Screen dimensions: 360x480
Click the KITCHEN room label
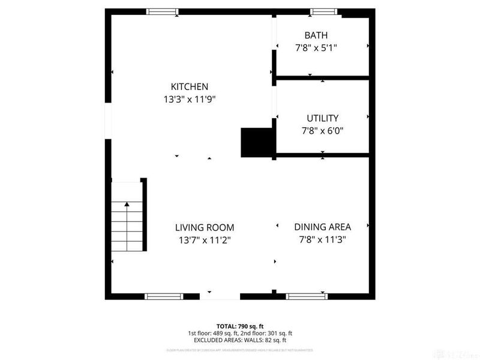(x=189, y=86)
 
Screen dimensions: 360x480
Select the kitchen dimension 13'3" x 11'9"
(x=189, y=100)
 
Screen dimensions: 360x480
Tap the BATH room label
(x=316, y=35)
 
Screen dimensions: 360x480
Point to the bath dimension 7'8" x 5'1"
(x=316, y=49)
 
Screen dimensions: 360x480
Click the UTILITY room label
(x=322, y=118)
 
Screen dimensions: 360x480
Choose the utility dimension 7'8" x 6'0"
(x=322, y=130)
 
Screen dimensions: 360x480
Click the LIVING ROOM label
(x=204, y=227)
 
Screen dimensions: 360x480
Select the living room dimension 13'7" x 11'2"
(x=204, y=240)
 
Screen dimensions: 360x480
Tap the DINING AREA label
(x=322, y=227)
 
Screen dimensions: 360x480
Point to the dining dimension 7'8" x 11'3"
(x=322, y=239)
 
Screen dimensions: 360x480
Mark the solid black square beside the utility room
(x=256, y=142)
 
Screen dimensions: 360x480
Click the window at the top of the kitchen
(x=163, y=11)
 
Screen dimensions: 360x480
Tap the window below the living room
(x=164, y=296)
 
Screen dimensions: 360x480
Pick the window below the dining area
(x=306, y=296)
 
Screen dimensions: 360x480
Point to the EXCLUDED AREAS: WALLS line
(x=239, y=340)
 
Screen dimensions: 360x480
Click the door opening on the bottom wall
(x=220, y=296)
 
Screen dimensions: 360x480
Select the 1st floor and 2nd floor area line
(x=239, y=332)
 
